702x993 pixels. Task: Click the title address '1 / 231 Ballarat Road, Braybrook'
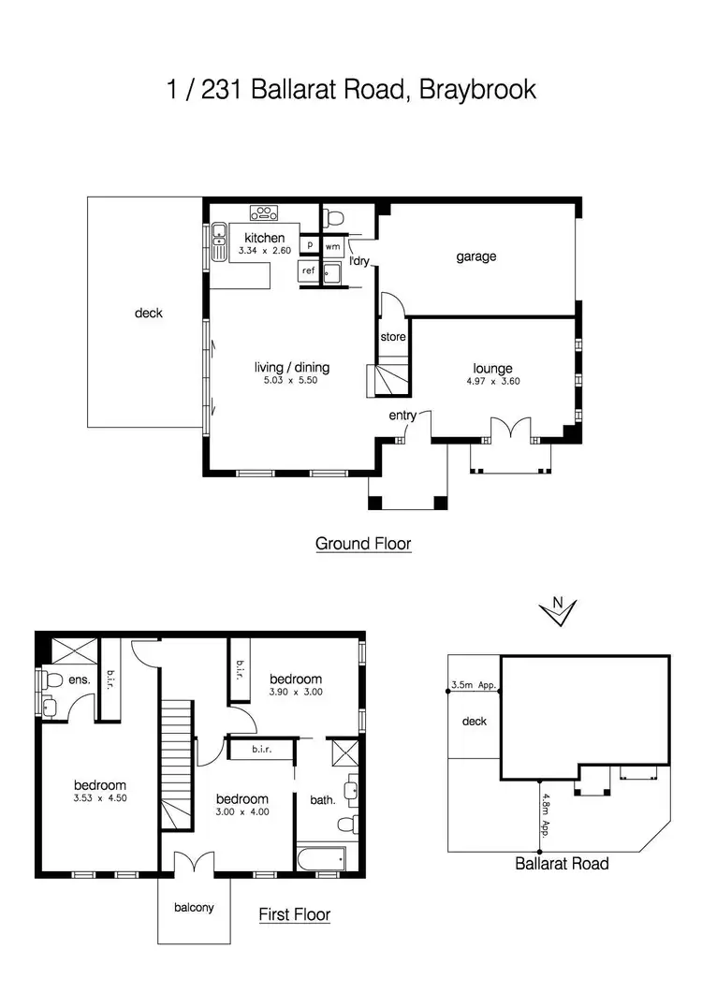click(351, 90)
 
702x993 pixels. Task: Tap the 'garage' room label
click(475, 256)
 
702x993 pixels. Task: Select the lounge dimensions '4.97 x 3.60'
click(491, 382)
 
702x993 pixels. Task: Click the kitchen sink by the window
click(219, 241)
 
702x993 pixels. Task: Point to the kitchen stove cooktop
click(265, 212)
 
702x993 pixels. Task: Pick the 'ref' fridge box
click(308, 270)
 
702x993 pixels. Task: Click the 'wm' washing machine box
click(332, 246)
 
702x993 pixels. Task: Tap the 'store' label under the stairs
click(393, 337)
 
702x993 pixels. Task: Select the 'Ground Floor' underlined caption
click(363, 543)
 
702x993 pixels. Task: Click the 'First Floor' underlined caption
click(294, 914)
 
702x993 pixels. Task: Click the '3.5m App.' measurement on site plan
click(473, 685)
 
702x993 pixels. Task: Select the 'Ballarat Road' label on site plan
click(562, 863)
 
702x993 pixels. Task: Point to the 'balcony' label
click(193, 907)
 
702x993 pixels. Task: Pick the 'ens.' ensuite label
click(80, 680)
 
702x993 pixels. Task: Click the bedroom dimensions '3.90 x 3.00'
click(296, 692)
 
